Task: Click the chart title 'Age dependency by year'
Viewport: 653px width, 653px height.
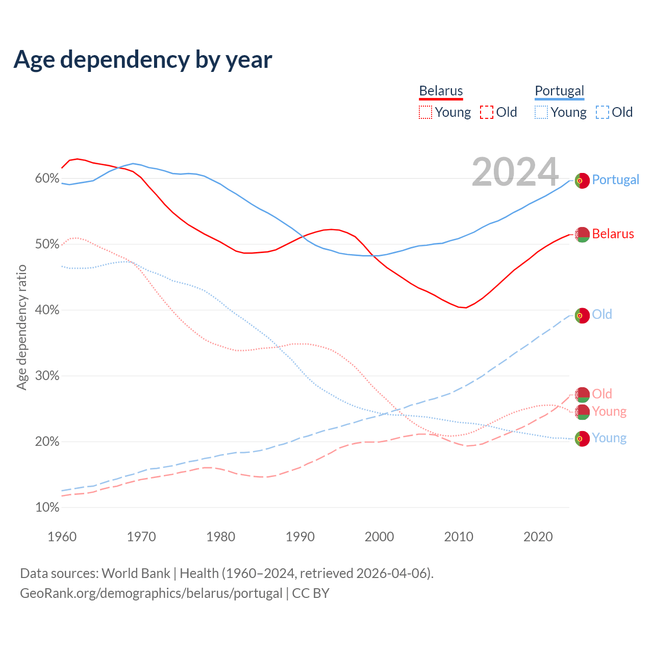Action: click(x=143, y=59)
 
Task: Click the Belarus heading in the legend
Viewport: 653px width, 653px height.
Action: click(x=441, y=91)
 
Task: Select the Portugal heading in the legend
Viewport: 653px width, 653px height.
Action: click(x=559, y=91)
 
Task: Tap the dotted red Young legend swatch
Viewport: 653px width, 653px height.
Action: click(x=425, y=112)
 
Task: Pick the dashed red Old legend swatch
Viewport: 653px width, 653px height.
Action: click(x=487, y=112)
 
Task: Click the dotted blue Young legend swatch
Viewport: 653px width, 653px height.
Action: click(x=541, y=112)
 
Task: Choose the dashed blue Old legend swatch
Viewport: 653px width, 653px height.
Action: click(x=602, y=112)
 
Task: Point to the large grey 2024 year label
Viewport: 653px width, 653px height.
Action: click(x=515, y=172)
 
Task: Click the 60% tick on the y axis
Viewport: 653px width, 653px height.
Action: click(x=47, y=178)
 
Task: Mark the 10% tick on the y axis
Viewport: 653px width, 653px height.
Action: click(x=47, y=508)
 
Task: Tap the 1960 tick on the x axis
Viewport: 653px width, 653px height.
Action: click(x=62, y=537)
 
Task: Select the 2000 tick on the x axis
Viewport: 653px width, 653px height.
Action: click(x=380, y=537)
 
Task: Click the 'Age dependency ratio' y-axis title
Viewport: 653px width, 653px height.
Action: click(x=21, y=327)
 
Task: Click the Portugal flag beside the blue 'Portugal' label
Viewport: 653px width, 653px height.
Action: click(x=582, y=181)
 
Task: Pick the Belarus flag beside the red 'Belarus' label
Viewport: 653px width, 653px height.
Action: click(x=582, y=235)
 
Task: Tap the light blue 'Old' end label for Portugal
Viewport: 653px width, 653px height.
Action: click(x=602, y=314)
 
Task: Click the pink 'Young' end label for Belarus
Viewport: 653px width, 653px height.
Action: click(x=609, y=411)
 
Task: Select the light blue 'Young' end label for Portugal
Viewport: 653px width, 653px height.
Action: click(x=609, y=438)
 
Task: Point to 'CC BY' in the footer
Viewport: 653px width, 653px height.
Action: click(x=311, y=593)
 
